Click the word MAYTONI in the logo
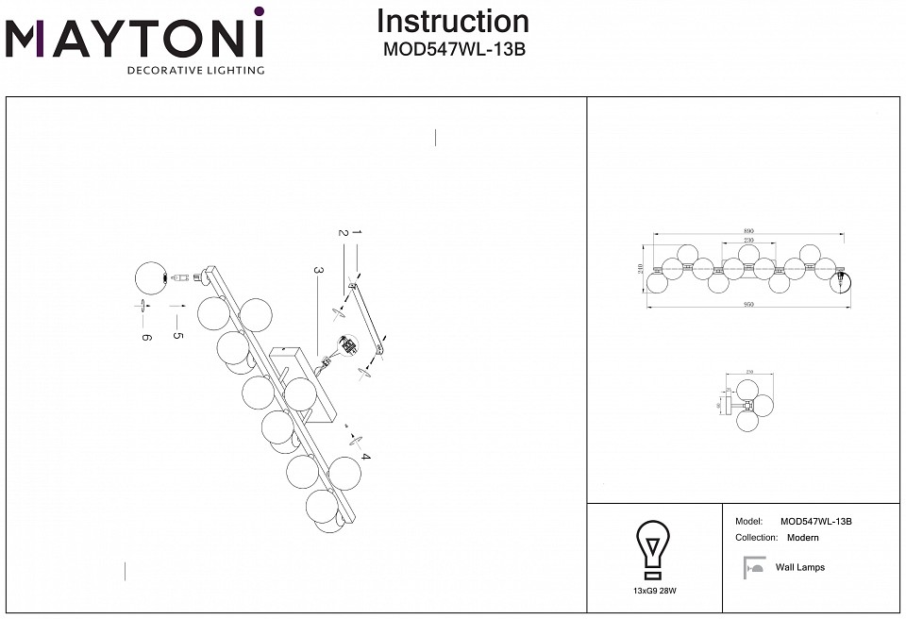click(135, 39)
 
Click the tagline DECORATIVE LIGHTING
click(195, 71)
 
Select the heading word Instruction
click(453, 22)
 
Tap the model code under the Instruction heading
click(453, 51)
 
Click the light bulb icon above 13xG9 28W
click(653, 547)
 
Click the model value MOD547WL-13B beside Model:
click(816, 521)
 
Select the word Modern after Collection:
click(802, 538)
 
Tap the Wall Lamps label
click(799, 567)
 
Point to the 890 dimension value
click(747, 231)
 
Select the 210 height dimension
click(642, 269)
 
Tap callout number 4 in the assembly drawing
click(365, 458)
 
